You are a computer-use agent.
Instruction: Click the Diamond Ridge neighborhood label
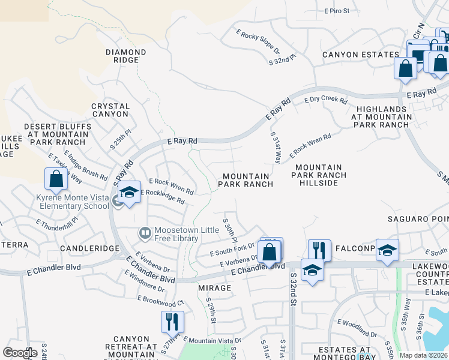click(x=126, y=56)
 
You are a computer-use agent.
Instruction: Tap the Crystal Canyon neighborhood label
click(x=110, y=110)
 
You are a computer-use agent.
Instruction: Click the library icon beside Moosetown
click(x=145, y=232)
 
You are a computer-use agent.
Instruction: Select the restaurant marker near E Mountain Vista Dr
click(x=172, y=322)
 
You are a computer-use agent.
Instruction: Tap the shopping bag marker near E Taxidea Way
click(x=56, y=179)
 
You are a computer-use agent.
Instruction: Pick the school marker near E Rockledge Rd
click(x=129, y=193)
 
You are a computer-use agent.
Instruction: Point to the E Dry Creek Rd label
click(x=326, y=100)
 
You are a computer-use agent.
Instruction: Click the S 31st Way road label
click(x=276, y=148)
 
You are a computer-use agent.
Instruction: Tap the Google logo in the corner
click(x=19, y=353)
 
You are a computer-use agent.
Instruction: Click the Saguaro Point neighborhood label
click(x=418, y=218)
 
